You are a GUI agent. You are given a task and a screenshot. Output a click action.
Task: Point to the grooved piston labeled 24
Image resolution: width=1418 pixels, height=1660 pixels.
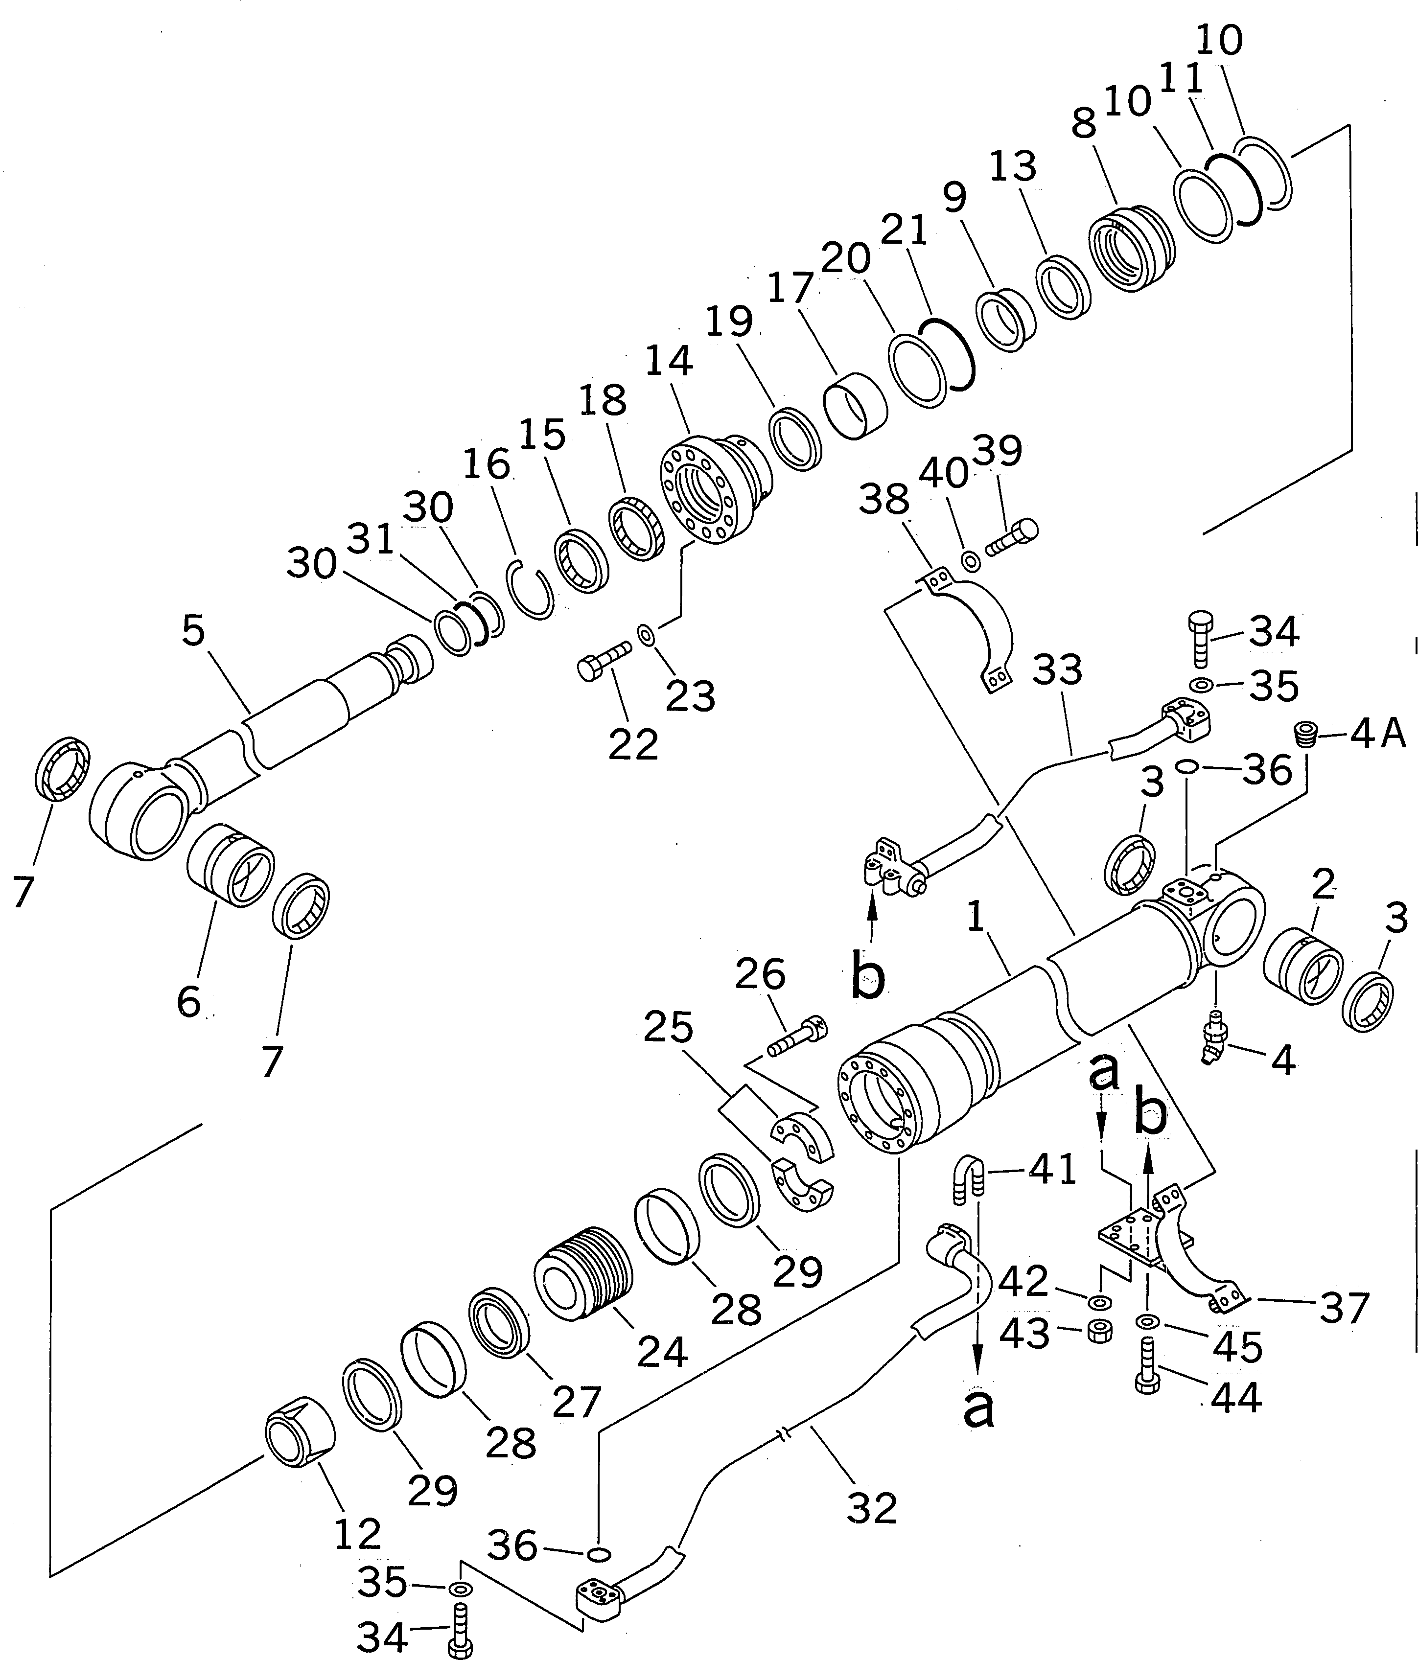click(x=583, y=1279)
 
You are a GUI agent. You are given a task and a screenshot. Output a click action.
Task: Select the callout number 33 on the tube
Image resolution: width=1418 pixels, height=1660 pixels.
click(x=1057, y=670)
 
